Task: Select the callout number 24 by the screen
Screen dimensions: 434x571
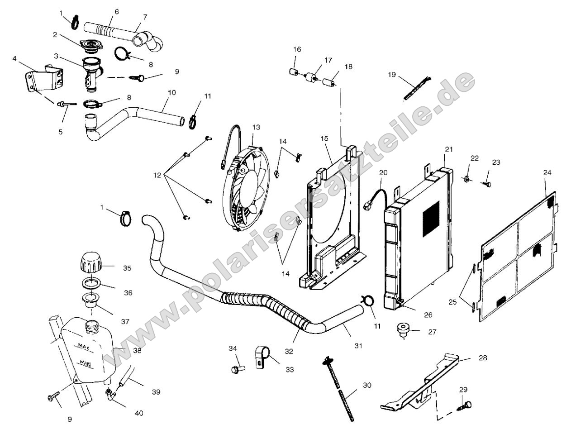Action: click(547, 172)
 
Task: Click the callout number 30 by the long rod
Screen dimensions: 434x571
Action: click(366, 386)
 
